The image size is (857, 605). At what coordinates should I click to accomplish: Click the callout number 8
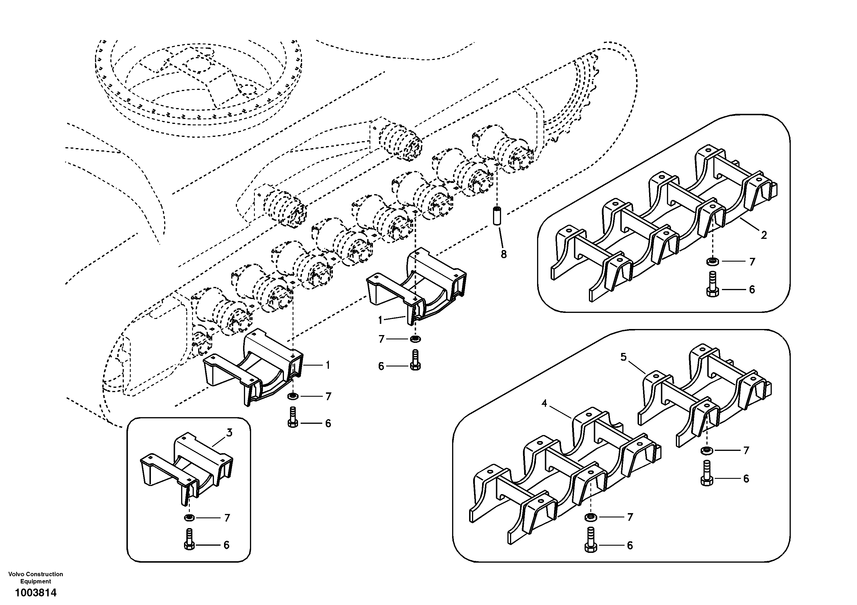pyautogui.click(x=504, y=255)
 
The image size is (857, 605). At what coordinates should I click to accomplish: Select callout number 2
pyautogui.click(x=764, y=235)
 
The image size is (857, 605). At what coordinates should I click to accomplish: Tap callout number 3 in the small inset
pyautogui.click(x=230, y=433)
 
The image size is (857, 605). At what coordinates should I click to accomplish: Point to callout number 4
pyautogui.click(x=544, y=404)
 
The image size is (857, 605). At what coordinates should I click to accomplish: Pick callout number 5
pyautogui.click(x=623, y=357)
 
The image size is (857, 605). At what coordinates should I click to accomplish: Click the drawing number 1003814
pyautogui.click(x=35, y=593)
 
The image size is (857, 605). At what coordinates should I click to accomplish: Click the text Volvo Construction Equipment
pyautogui.click(x=35, y=577)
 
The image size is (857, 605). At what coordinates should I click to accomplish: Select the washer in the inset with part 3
pyautogui.click(x=189, y=518)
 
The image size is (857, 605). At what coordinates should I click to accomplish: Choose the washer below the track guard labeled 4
pyautogui.click(x=590, y=517)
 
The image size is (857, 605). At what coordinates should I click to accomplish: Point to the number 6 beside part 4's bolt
pyautogui.click(x=630, y=546)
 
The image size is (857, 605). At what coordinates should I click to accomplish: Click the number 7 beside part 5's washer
pyautogui.click(x=746, y=451)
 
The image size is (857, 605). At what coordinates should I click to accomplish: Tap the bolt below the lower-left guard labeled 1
pyautogui.click(x=293, y=417)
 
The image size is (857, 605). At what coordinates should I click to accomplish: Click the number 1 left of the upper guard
pyautogui.click(x=380, y=320)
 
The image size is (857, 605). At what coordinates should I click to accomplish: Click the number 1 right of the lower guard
pyautogui.click(x=328, y=365)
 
